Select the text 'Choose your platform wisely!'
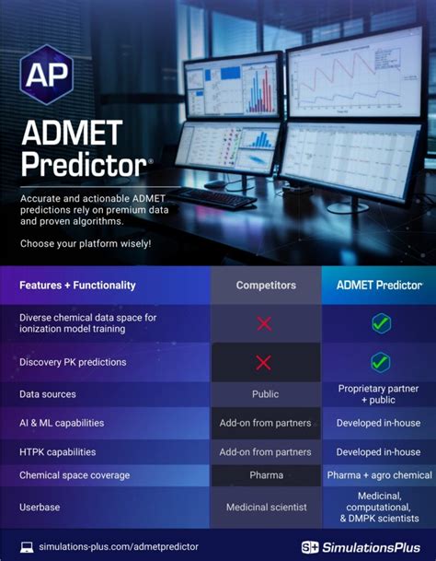[85, 243]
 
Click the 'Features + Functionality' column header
[77, 286]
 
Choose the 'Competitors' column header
[266, 286]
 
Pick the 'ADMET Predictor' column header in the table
[378, 286]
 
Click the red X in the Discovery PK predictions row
[265, 362]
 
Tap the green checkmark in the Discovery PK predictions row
[380, 362]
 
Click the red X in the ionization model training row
[265, 323]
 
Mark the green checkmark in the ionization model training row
[380, 323]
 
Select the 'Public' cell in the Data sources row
[266, 394]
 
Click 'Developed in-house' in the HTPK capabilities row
[378, 452]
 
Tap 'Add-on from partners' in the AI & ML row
[266, 423]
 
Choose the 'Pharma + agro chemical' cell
[378, 475]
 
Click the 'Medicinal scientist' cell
[266, 508]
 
